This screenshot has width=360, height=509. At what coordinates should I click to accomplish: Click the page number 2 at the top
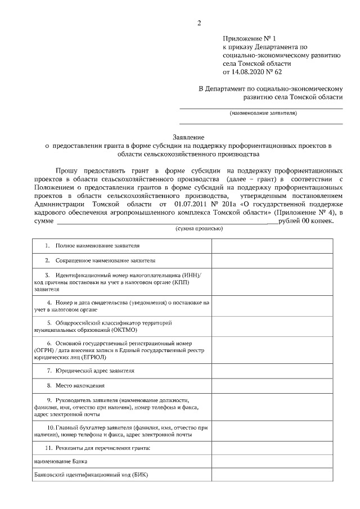(x=199, y=23)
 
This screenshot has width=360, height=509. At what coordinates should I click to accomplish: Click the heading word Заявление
(x=188, y=137)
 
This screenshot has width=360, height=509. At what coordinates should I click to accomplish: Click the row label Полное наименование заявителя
(x=97, y=246)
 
